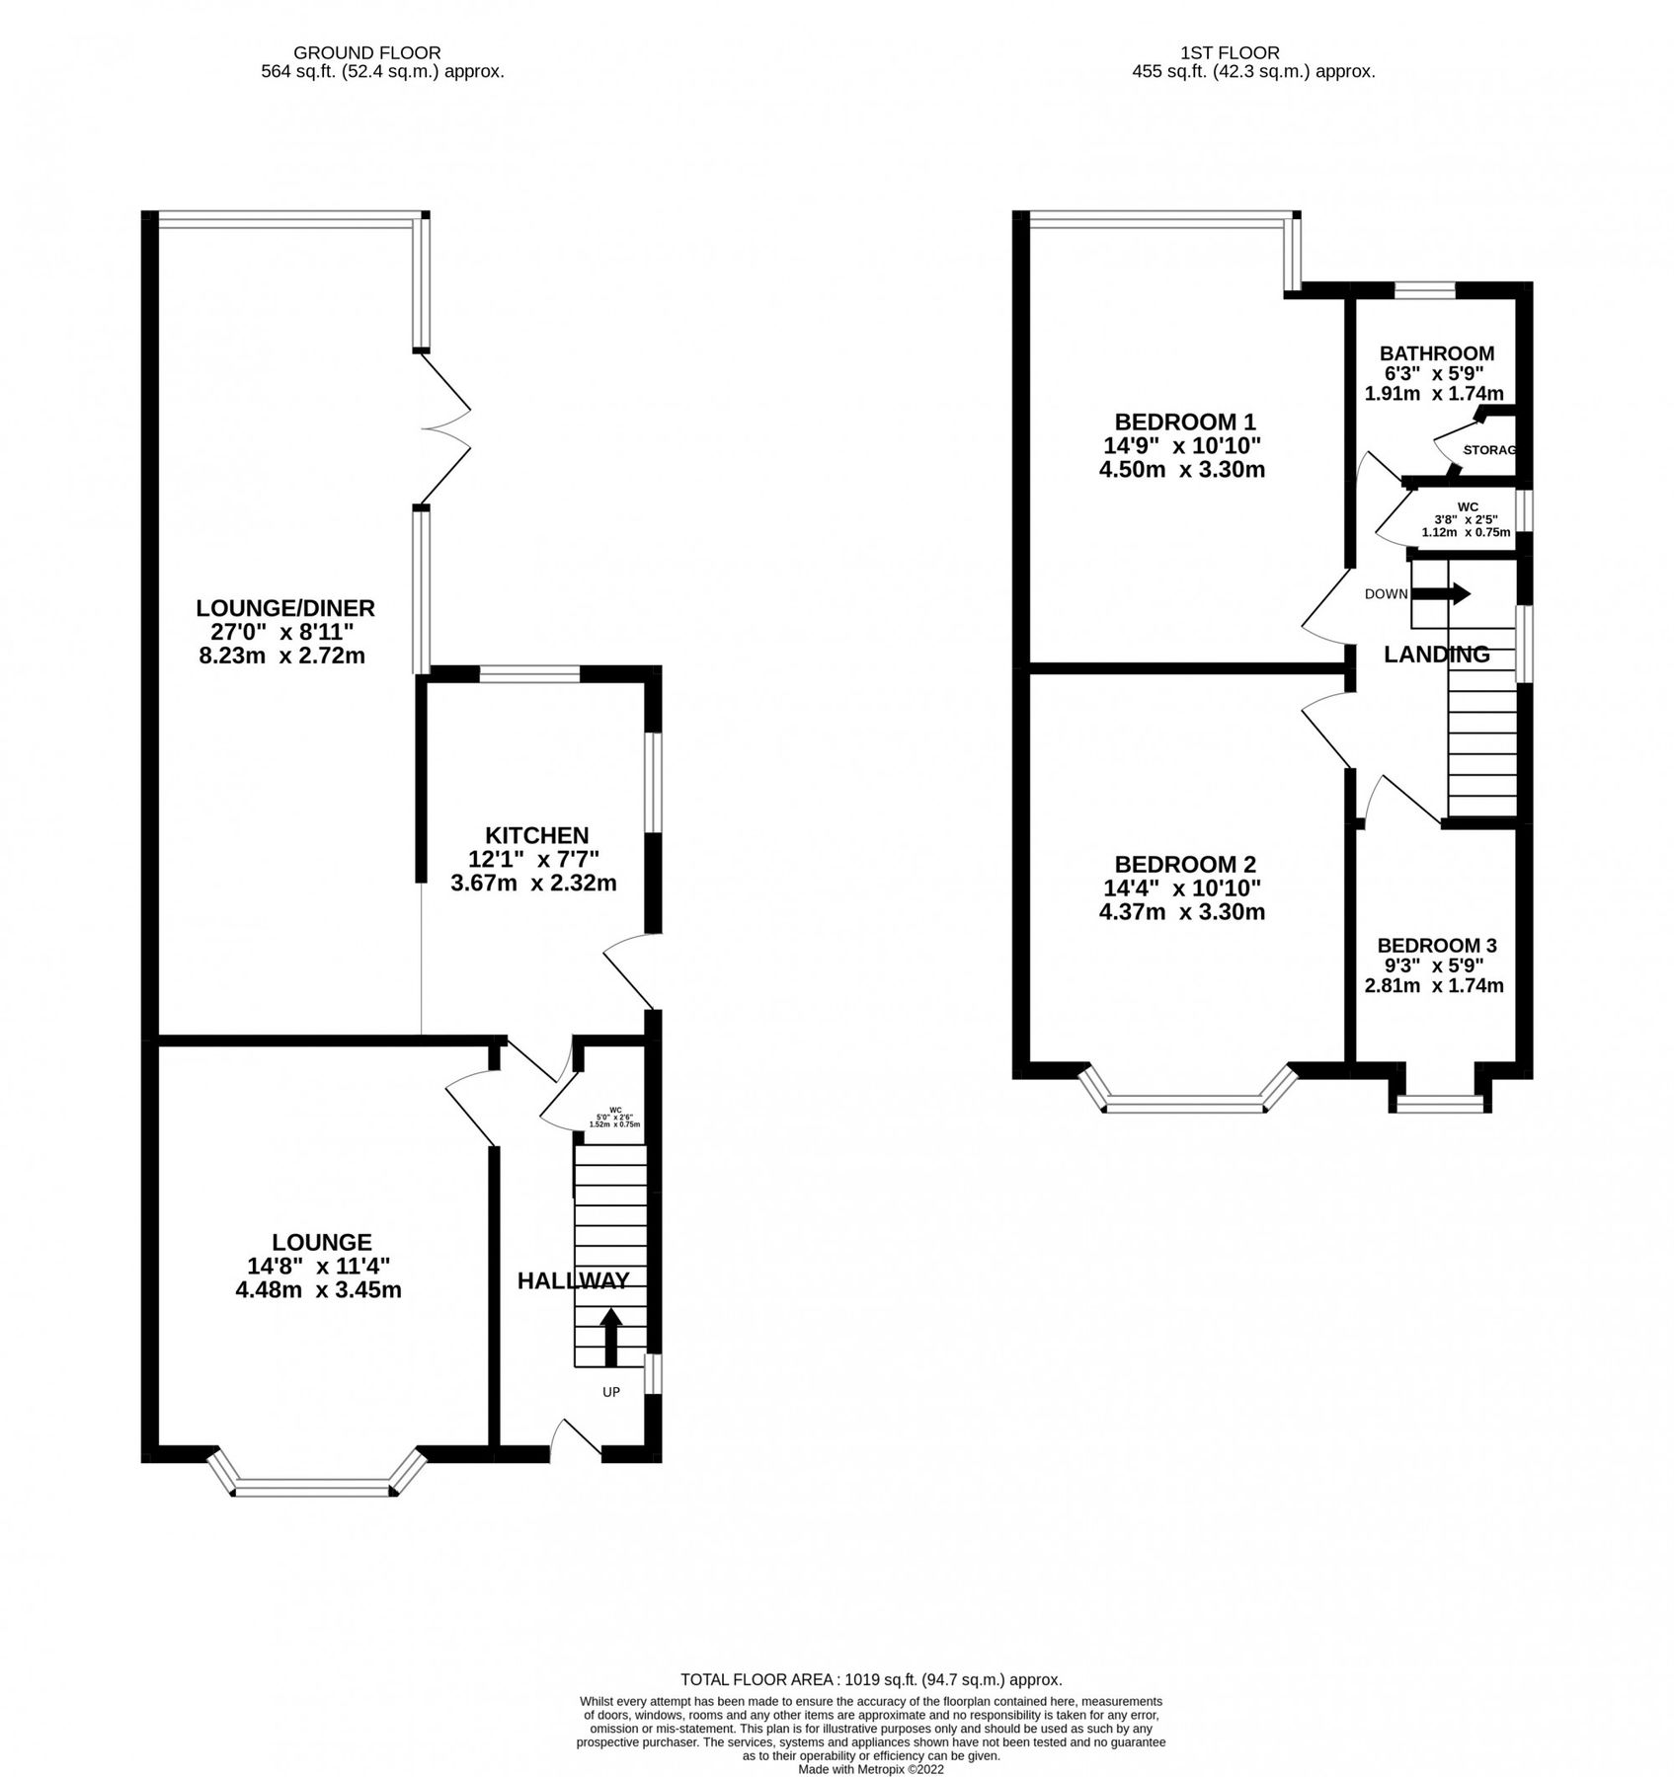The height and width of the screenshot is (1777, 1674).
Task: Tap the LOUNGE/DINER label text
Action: coord(284,608)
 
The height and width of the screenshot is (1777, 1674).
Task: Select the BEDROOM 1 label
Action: coord(1184,423)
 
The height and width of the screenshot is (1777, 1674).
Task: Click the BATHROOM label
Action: coord(1436,353)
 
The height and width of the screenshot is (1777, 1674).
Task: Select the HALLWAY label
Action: coord(573,1281)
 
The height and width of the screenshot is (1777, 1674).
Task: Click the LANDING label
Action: coord(1436,655)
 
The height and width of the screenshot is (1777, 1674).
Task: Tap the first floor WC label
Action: coord(1467,506)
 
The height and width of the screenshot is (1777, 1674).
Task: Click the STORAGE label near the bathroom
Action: coord(1487,450)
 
